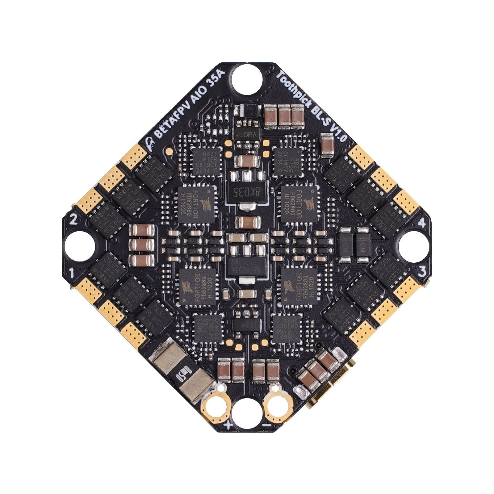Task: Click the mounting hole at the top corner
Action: (x=247, y=78)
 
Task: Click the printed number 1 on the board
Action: (x=72, y=273)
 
